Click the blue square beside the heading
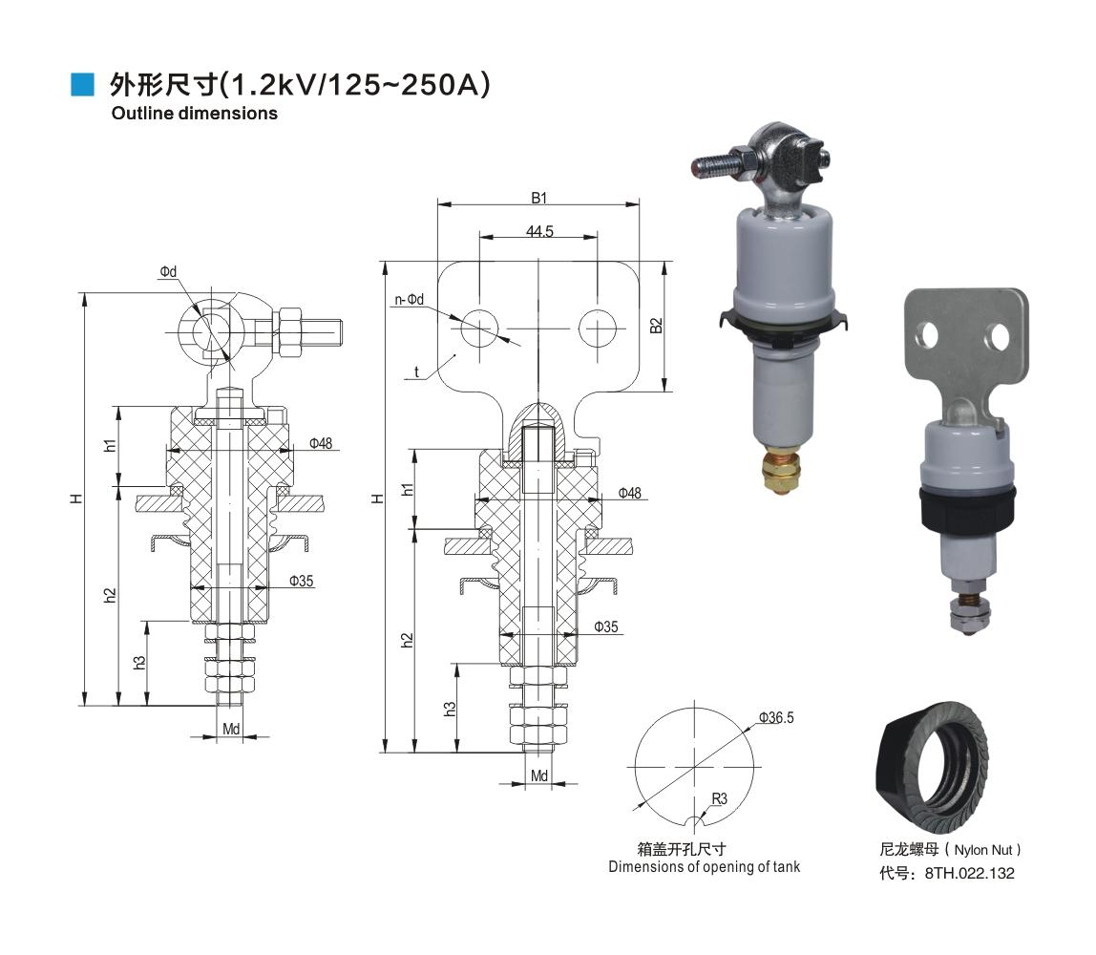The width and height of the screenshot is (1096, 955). click(x=83, y=84)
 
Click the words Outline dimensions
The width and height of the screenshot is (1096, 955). click(x=194, y=114)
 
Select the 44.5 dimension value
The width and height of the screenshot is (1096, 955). click(x=539, y=232)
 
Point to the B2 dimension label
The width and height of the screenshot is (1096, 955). click(x=656, y=325)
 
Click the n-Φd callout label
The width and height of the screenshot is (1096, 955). click(x=409, y=300)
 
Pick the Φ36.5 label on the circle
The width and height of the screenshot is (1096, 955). click(x=776, y=717)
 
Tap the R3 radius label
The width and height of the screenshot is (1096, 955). click(x=719, y=798)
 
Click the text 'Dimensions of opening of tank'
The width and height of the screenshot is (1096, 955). click(x=705, y=867)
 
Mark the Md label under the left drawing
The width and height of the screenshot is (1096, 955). click(x=231, y=730)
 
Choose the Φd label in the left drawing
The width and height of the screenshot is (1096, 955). click(x=168, y=272)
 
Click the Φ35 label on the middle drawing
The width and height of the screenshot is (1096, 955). click(x=605, y=627)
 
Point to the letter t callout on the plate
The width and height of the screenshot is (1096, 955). click(x=417, y=371)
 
